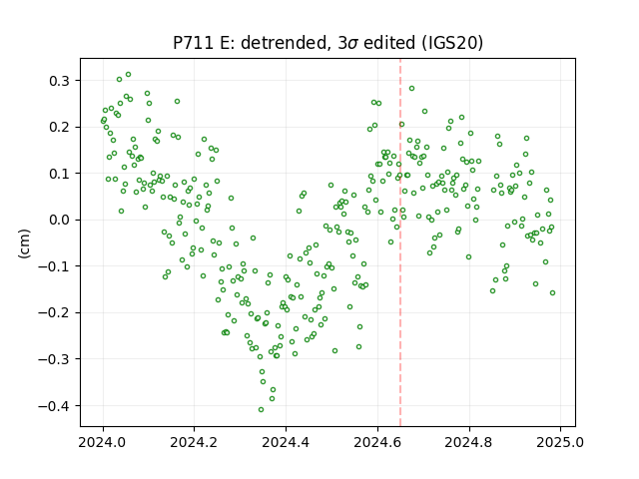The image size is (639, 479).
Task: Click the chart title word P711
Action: click(x=194, y=43)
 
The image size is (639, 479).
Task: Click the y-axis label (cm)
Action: click(x=24, y=243)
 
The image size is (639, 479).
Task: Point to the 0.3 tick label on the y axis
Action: click(x=60, y=81)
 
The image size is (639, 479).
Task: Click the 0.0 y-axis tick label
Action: click(x=60, y=220)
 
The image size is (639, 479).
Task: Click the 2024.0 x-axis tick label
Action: click(x=103, y=442)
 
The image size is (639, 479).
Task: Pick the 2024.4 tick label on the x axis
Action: click(x=286, y=442)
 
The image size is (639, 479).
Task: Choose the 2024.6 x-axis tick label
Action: click(x=377, y=442)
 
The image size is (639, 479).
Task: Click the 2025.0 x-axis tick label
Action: click(x=560, y=442)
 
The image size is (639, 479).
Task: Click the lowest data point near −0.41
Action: click(x=261, y=410)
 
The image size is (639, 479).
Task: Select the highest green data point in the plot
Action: click(x=128, y=75)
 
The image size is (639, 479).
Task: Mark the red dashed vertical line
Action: click(x=400, y=242)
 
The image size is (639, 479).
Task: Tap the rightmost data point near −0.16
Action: click(x=552, y=292)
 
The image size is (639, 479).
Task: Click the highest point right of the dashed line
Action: click(x=411, y=89)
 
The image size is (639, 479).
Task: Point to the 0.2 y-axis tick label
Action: click(x=60, y=127)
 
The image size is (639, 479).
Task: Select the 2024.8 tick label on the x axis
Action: click(x=469, y=442)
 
